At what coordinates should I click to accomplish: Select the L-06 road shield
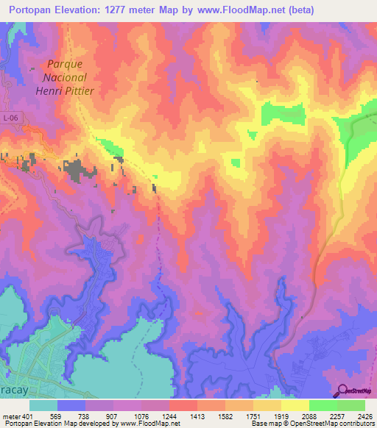coord(10,118)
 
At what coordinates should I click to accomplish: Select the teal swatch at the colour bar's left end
coord(43,405)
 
